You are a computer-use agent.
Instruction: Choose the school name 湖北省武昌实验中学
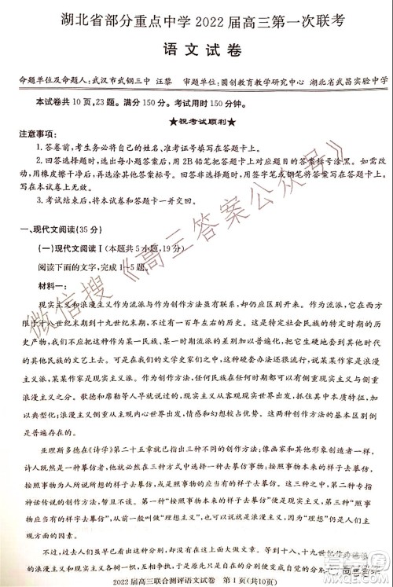[x=345, y=80]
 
